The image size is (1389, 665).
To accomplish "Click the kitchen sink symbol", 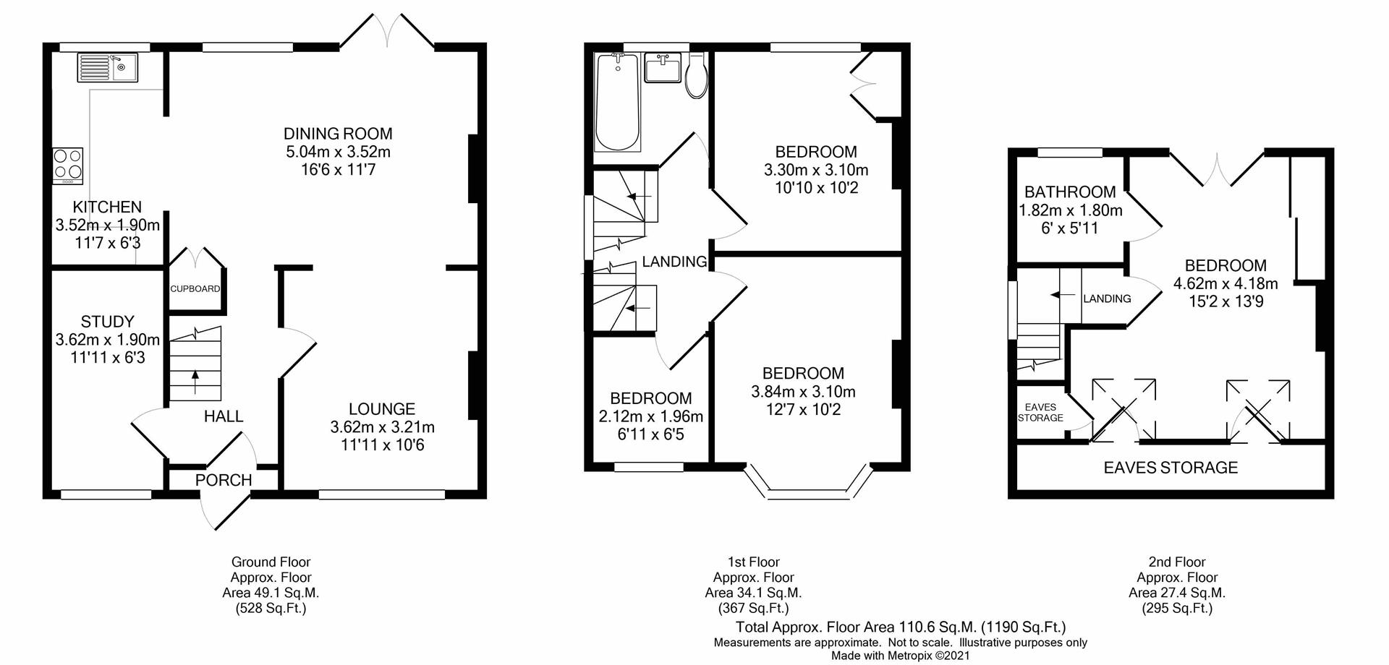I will pos(106,68).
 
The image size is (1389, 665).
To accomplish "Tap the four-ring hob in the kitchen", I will pos(67,165).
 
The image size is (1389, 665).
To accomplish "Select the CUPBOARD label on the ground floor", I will pos(195,288).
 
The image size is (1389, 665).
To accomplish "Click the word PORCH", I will pos(224,480).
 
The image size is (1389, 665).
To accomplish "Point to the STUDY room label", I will pos(107,322).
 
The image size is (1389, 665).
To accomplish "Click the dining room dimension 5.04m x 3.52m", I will pos(338,152).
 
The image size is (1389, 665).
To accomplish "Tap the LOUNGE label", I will pos(382,409).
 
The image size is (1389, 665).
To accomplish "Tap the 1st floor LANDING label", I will pos(674,262).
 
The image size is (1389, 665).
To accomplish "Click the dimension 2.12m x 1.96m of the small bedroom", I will pos(650,416).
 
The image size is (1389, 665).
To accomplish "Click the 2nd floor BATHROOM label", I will pos(1069,192).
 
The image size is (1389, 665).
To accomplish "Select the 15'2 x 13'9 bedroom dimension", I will pos(1226,301).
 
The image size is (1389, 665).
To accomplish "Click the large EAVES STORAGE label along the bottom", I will pos(1170,468).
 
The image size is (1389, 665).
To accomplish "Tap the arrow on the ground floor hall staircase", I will pos(195,381).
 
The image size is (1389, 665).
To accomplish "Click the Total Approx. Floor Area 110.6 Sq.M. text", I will pos(900,627).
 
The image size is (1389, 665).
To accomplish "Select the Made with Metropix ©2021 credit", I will pos(900,656).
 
